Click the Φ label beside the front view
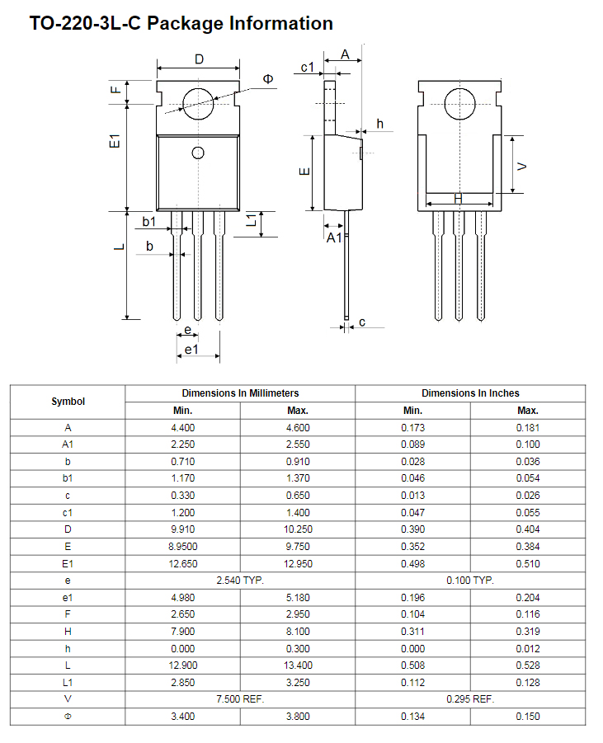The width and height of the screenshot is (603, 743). [268, 78]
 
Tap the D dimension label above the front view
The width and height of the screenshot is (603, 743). [199, 59]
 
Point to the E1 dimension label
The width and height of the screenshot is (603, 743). [115, 141]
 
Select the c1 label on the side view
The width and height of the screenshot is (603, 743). [307, 68]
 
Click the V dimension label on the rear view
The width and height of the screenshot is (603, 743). [521, 167]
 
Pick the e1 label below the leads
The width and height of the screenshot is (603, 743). [191, 350]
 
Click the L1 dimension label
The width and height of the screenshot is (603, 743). [252, 219]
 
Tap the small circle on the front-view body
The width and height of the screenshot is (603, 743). [198, 153]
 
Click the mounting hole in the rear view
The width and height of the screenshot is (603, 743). [459, 104]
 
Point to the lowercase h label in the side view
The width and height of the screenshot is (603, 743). [379, 124]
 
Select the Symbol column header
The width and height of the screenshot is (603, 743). [68, 402]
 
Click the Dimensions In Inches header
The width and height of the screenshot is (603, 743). [470, 393]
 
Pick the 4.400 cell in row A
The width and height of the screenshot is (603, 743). [183, 427]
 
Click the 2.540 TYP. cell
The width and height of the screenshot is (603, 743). [240, 581]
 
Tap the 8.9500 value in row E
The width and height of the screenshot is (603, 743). [183, 547]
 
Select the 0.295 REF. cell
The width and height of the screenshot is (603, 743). [470, 699]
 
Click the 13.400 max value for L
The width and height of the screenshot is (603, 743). [298, 665]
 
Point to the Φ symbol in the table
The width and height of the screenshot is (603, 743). [68, 717]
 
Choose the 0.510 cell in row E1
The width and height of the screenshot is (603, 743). [528, 564]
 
